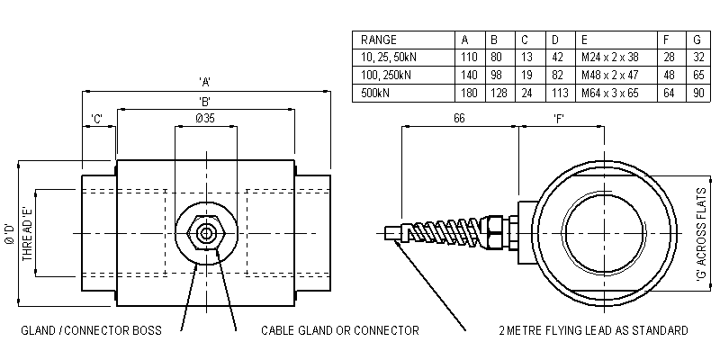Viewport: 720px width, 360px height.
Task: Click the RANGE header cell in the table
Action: pos(378,40)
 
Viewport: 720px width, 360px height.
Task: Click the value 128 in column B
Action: pos(495,93)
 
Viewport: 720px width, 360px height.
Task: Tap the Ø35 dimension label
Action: pos(206,119)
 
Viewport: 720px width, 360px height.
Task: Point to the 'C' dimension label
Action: pos(97,119)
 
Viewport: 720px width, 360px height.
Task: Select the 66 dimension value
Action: pos(460,119)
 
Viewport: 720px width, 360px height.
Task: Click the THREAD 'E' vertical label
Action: pos(28,232)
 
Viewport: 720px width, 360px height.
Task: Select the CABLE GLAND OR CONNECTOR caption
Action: pos(339,330)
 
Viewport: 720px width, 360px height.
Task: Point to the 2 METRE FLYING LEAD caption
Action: pos(594,330)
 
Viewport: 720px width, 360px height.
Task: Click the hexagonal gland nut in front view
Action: pos(207,233)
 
